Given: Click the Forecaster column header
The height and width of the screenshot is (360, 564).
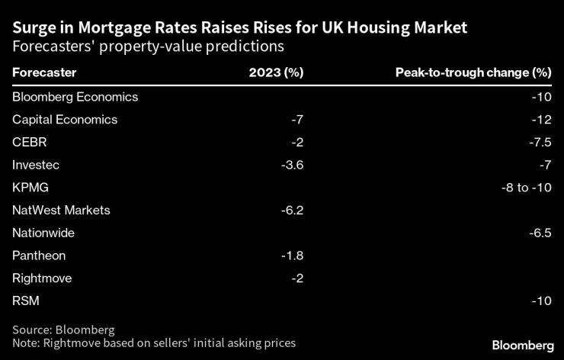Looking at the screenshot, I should coord(44,73).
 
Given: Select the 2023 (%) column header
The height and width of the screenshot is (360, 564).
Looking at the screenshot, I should coord(276,73).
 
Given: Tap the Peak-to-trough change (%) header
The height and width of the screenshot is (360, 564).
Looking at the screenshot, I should coord(473,73).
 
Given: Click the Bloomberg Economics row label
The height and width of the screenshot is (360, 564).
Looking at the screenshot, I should coord(75,97).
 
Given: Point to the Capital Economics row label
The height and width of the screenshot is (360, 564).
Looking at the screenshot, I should coord(65,119).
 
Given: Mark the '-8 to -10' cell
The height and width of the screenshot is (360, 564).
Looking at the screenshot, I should coord(525,187).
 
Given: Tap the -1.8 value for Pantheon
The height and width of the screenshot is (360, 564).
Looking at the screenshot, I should coord(291,256).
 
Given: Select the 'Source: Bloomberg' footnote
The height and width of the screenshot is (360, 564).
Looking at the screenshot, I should coord(63,329).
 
